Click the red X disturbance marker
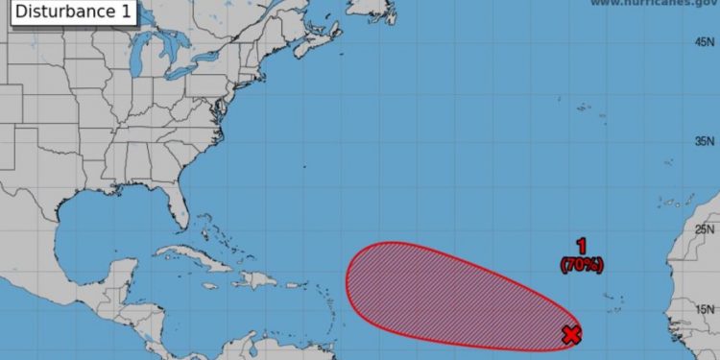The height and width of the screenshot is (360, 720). point(571,334)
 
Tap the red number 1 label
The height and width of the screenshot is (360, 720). point(581,246)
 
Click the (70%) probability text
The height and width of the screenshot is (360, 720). point(582,262)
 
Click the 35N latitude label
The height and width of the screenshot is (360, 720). point(705,141)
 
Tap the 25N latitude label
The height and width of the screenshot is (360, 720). point(705,228)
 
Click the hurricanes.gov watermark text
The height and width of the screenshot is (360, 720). point(652,4)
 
